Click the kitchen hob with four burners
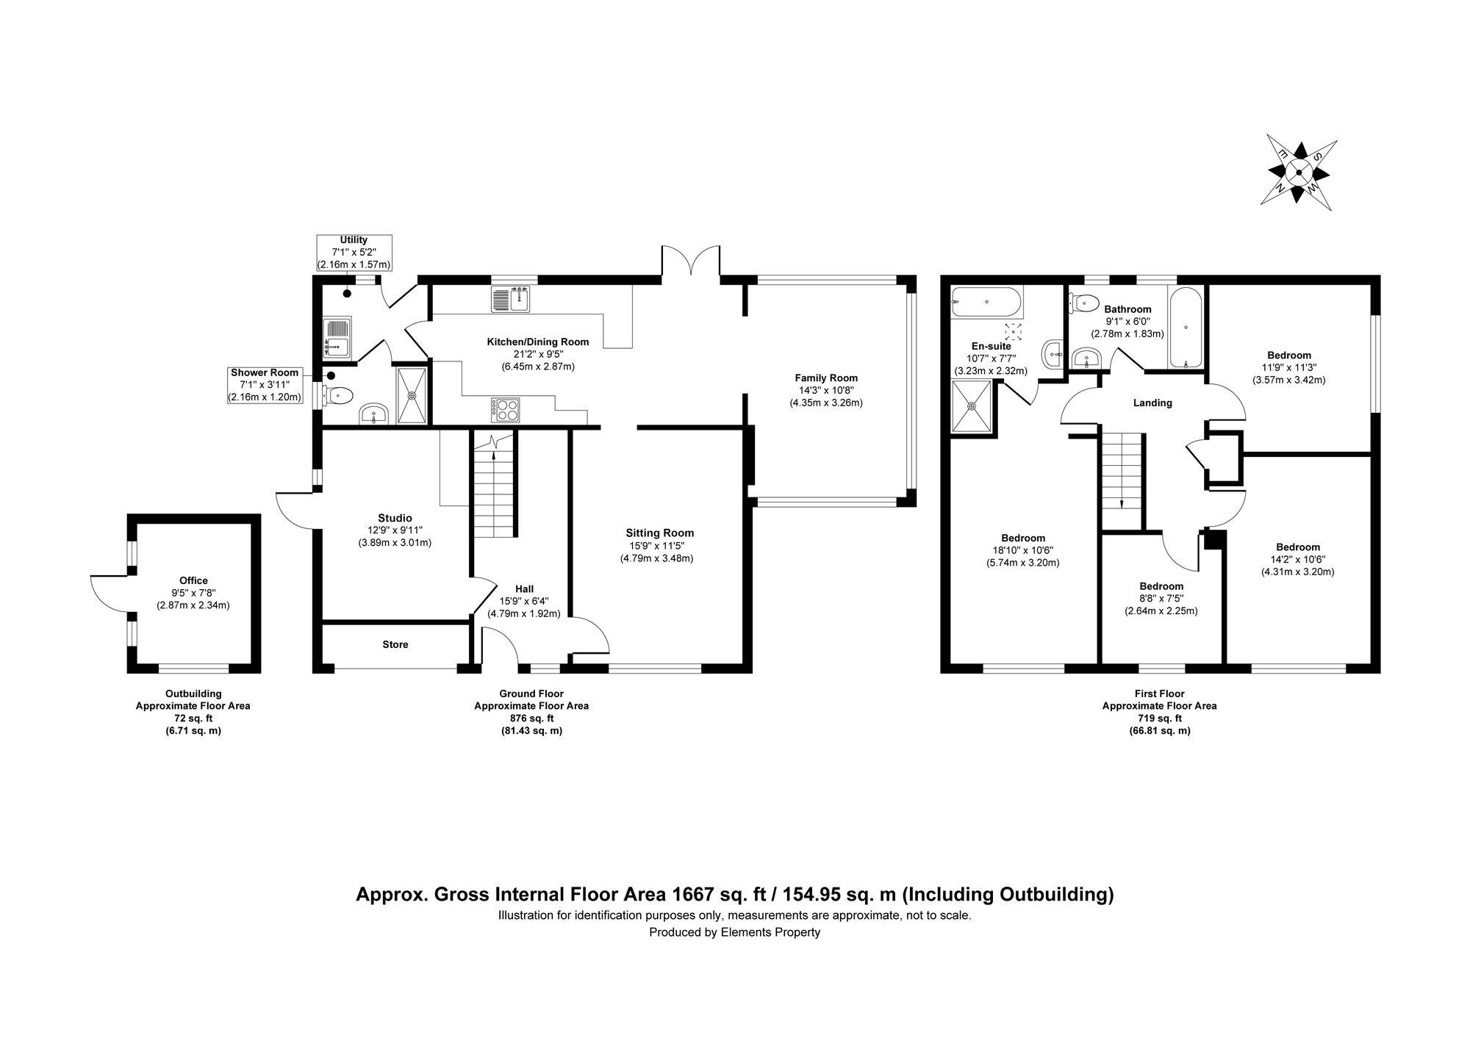click(505, 409)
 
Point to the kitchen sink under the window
click(510, 300)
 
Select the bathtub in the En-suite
click(986, 302)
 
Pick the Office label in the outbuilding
click(193, 580)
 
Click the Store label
click(395, 644)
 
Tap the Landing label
click(1152, 403)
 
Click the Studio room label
click(395, 518)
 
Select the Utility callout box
click(354, 252)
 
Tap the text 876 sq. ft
click(531, 718)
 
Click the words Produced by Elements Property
click(734, 932)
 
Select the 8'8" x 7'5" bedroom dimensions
click(1161, 598)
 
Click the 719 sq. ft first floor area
click(1159, 718)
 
